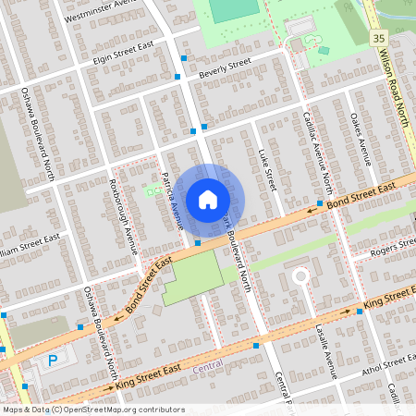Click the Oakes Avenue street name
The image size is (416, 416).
pos(363,137)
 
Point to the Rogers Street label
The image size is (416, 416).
pos(394,244)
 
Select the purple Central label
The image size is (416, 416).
pos(210,368)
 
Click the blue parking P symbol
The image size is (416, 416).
pos(53,359)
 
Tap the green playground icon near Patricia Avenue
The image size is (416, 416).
pos(152,190)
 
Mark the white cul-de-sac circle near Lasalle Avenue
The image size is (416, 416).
pos(300,275)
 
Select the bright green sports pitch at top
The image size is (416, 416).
pos(234,10)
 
